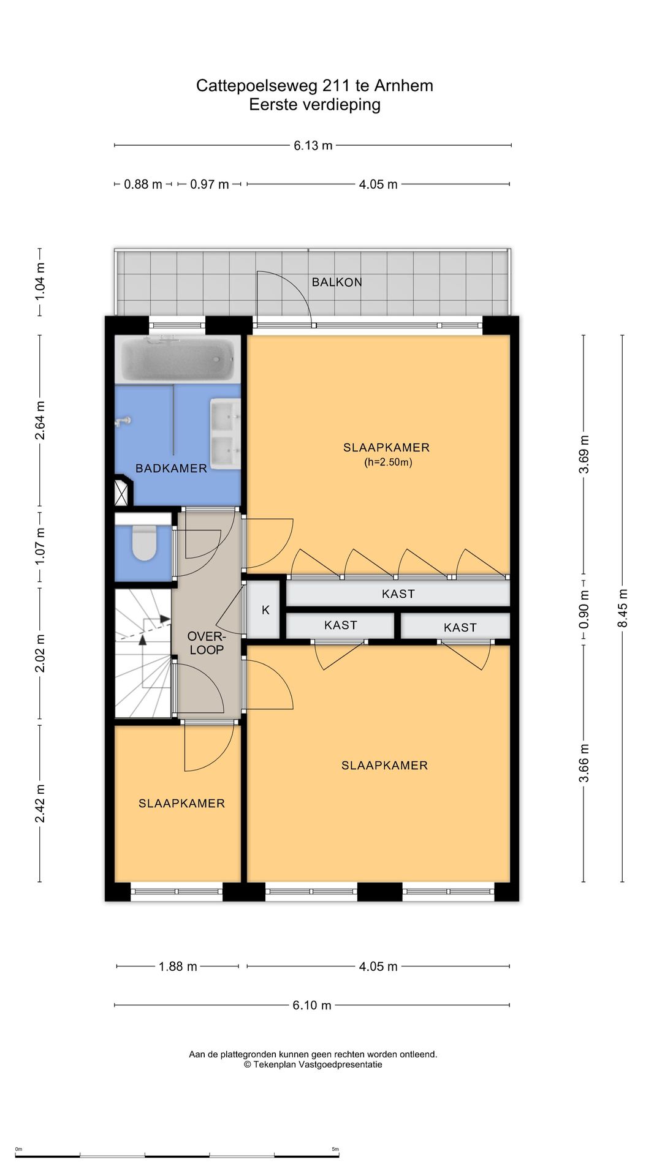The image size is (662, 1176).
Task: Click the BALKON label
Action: [x=337, y=282]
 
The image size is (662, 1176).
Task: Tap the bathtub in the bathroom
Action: [x=178, y=360]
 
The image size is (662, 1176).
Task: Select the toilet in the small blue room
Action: [x=145, y=543]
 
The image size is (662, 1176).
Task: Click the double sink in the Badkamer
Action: [x=225, y=434]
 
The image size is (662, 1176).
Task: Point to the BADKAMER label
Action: [x=171, y=469]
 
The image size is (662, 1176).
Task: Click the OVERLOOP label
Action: [x=207, y=643]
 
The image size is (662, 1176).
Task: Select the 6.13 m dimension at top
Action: [x=313, y=146]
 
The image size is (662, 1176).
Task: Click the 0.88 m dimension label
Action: [x=143, y=184]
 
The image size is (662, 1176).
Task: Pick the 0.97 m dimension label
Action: [x=209, y=184]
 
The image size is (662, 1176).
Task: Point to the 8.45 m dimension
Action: [x=623, y=608]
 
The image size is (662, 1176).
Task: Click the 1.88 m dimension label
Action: [x=178, y=967]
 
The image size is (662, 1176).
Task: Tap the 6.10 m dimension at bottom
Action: [x=311, y=1005]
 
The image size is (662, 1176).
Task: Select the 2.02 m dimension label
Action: [x=40, y=653]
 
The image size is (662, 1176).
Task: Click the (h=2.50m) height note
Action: [x=388, y=462]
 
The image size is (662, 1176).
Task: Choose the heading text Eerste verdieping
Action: [x=314, y=105]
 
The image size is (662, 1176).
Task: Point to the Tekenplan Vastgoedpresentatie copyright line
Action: [x=313, y=1065]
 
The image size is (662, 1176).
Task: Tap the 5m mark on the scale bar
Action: [x=335, y=1149]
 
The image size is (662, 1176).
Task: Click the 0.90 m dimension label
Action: [x=584, y=609]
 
